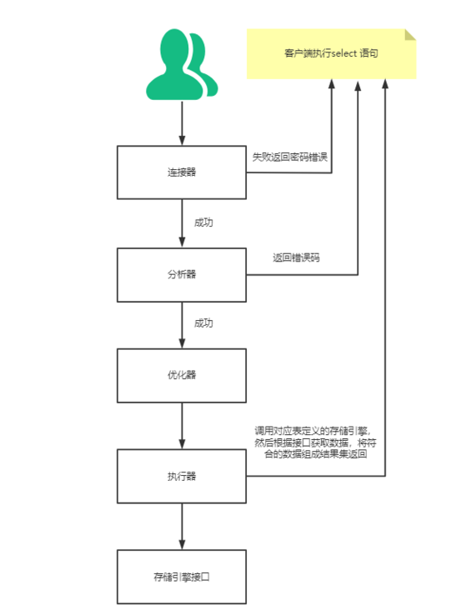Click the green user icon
tap(182, 65)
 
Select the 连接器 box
tap(182, 172)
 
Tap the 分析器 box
tap(182, 274)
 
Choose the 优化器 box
tap(182, 375)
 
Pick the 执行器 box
tap(182, 476)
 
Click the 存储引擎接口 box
tap(182, 576)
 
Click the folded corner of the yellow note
tap(409, 35)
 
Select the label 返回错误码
tap(297, 257)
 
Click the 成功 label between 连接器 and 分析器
tap(203, 222)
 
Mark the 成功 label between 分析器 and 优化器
tap(203, 323)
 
